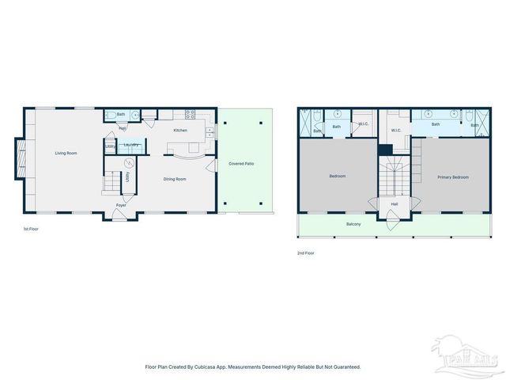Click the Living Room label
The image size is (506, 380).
66,153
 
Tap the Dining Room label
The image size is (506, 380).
175,179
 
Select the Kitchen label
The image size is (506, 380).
180,130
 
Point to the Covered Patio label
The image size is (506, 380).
241,163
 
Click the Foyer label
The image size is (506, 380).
121,205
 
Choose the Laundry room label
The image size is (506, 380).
131,144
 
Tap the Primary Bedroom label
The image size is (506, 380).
453,177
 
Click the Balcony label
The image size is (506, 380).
353,224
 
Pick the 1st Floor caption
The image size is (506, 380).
31,229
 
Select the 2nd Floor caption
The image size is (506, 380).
305,253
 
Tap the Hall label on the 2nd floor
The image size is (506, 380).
394,203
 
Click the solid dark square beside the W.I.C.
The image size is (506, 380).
384,150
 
